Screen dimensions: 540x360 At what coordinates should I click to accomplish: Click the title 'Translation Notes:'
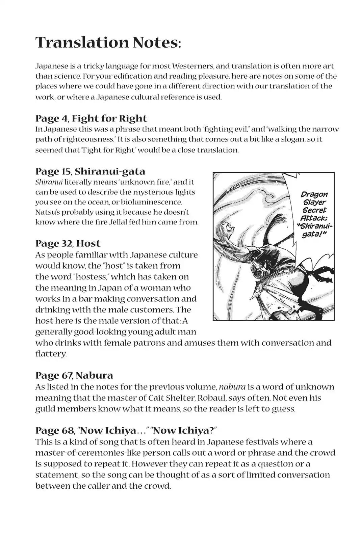108,43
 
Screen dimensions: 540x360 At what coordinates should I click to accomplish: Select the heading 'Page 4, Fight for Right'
91,118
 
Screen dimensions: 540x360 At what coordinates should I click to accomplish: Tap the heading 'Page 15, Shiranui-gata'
90,171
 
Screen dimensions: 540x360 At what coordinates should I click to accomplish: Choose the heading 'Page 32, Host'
68,243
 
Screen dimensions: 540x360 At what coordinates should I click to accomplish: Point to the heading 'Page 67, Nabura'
74,375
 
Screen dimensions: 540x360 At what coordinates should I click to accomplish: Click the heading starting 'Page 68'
126,430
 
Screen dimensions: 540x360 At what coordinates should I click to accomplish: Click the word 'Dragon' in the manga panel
314,195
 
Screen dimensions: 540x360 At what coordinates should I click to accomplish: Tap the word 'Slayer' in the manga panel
314,202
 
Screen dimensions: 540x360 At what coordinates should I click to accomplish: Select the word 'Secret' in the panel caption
314,210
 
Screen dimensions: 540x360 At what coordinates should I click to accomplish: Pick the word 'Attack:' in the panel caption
314,218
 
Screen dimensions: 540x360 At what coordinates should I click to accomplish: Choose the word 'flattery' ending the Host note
50,354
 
